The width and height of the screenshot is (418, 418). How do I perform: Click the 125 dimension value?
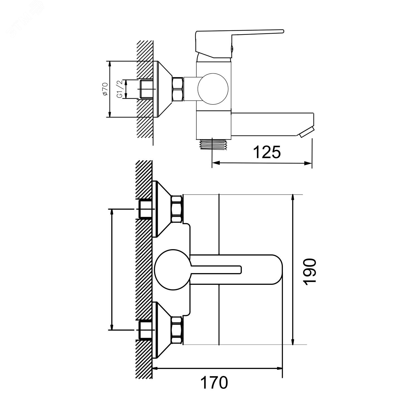click(x=267, y=152)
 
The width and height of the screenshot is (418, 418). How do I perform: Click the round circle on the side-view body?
click(x=213, y=89)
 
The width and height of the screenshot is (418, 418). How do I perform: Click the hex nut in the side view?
click(x=178, y=89)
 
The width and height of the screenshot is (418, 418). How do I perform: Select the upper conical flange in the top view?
click(x=162, y=209)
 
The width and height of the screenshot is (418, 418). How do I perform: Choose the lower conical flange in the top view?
click(x=162, y=330)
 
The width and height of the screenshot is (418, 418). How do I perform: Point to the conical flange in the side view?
click(x=163, y=89)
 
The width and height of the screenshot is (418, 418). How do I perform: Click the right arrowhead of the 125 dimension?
click(x=308, y=163)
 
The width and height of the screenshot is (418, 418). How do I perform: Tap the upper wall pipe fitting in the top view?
click(x=145, y=209)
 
